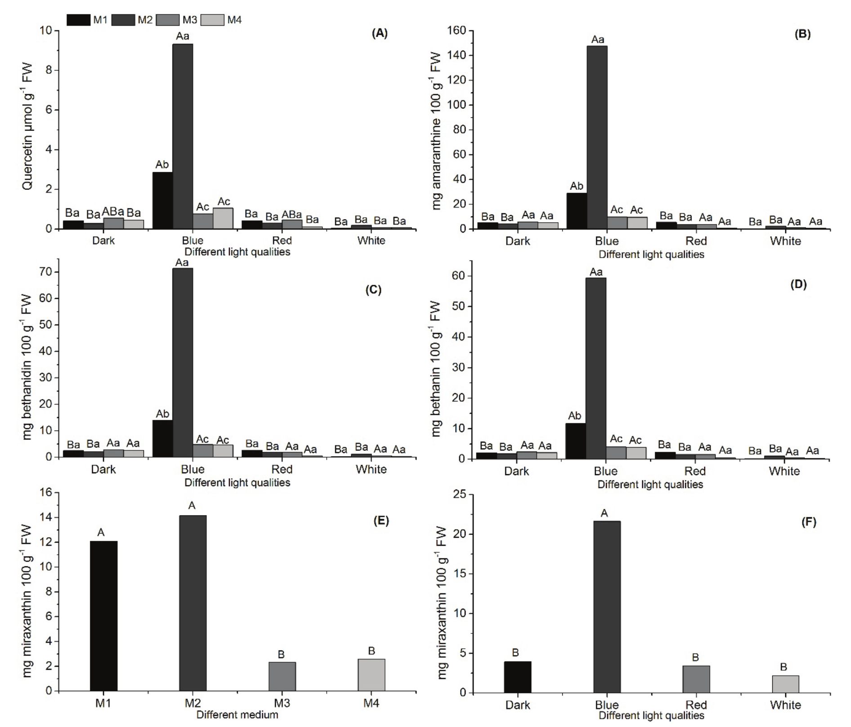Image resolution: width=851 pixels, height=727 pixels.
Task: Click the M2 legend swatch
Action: click(123, 20)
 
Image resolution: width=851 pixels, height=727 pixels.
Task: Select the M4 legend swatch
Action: click(212, 20)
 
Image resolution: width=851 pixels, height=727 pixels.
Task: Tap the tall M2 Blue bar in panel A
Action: click(183, 135)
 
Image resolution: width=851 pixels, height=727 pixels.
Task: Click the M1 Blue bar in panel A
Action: click(162, 200)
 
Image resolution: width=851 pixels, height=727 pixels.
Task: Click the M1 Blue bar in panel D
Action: click(575, 441)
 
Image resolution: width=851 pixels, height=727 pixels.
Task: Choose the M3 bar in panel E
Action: click(282, 676)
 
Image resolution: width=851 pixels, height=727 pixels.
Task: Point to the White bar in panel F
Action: click(785, 684)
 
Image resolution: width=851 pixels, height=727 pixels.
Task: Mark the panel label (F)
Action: click(808, 522)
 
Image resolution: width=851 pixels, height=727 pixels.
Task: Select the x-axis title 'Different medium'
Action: click(237, 715)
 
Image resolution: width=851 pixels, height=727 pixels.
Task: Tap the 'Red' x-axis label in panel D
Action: click(695, 471)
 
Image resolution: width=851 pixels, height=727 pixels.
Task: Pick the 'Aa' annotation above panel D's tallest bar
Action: click(596, 272)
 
